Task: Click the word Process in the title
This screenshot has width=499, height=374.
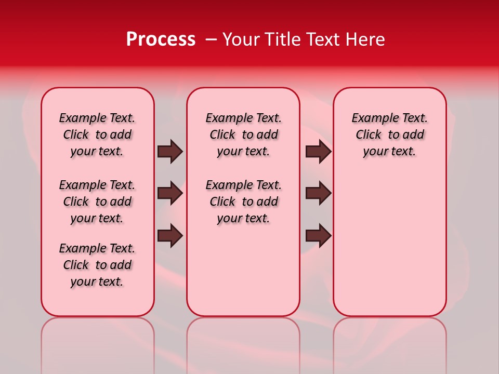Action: [161, 39]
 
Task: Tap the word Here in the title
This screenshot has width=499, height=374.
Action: [366, 39]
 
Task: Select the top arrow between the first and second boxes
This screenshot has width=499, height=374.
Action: [170, 152]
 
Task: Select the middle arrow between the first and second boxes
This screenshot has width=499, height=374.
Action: [170, 193]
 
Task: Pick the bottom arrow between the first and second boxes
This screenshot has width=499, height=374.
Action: [170, 235]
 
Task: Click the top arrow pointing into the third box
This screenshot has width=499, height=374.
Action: [319, 152]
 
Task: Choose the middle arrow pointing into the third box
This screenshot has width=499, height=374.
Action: [319, 193]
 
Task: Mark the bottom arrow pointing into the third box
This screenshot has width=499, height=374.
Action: [319, 235]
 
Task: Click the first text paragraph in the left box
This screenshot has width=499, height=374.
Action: [97, 135]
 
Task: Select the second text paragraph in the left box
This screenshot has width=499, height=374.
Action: [97, 202]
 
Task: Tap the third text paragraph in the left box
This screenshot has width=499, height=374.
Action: [97, 265]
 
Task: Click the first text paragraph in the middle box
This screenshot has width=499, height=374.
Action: [243, 135]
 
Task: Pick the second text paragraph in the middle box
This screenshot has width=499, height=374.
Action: [243, 202]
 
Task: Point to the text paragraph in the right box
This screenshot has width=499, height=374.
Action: [389, 135]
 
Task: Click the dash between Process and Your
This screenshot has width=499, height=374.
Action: [211, 39]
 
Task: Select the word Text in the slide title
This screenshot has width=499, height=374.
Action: [323, 39]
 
